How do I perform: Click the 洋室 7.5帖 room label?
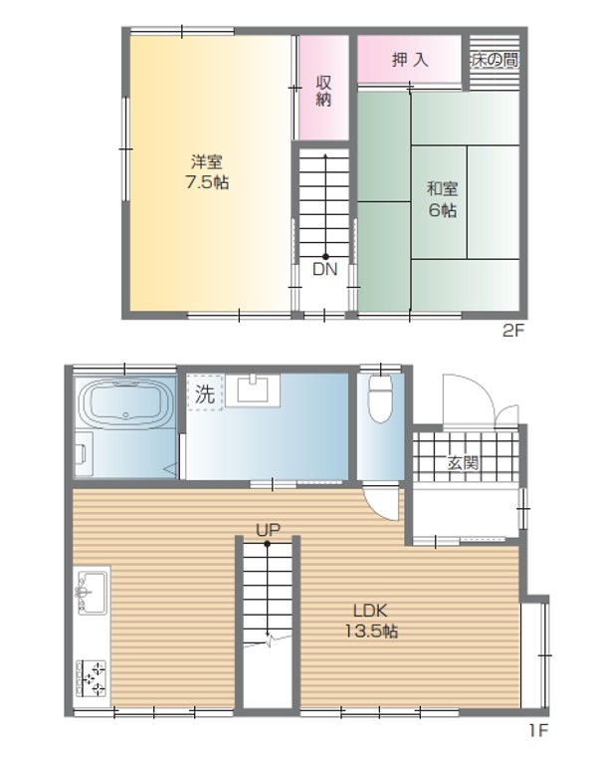point(207,171)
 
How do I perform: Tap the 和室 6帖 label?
point(442,199)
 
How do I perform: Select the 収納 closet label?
point(323,91)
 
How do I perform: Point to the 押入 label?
point(410,60)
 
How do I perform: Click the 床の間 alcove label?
point(495,60)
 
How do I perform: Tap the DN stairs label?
point(324,269)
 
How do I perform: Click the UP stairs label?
point(269,531)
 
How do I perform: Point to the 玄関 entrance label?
point(463,463)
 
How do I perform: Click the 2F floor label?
point(513,331)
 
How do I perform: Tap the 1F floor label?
point(538,730)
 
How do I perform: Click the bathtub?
point(126,403)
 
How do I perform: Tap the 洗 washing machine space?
point(205,392)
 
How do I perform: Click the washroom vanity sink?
point(253,389)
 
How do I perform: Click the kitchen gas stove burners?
point(92,678)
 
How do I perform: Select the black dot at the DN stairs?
point(325,257)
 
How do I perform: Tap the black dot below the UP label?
point(268,544)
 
